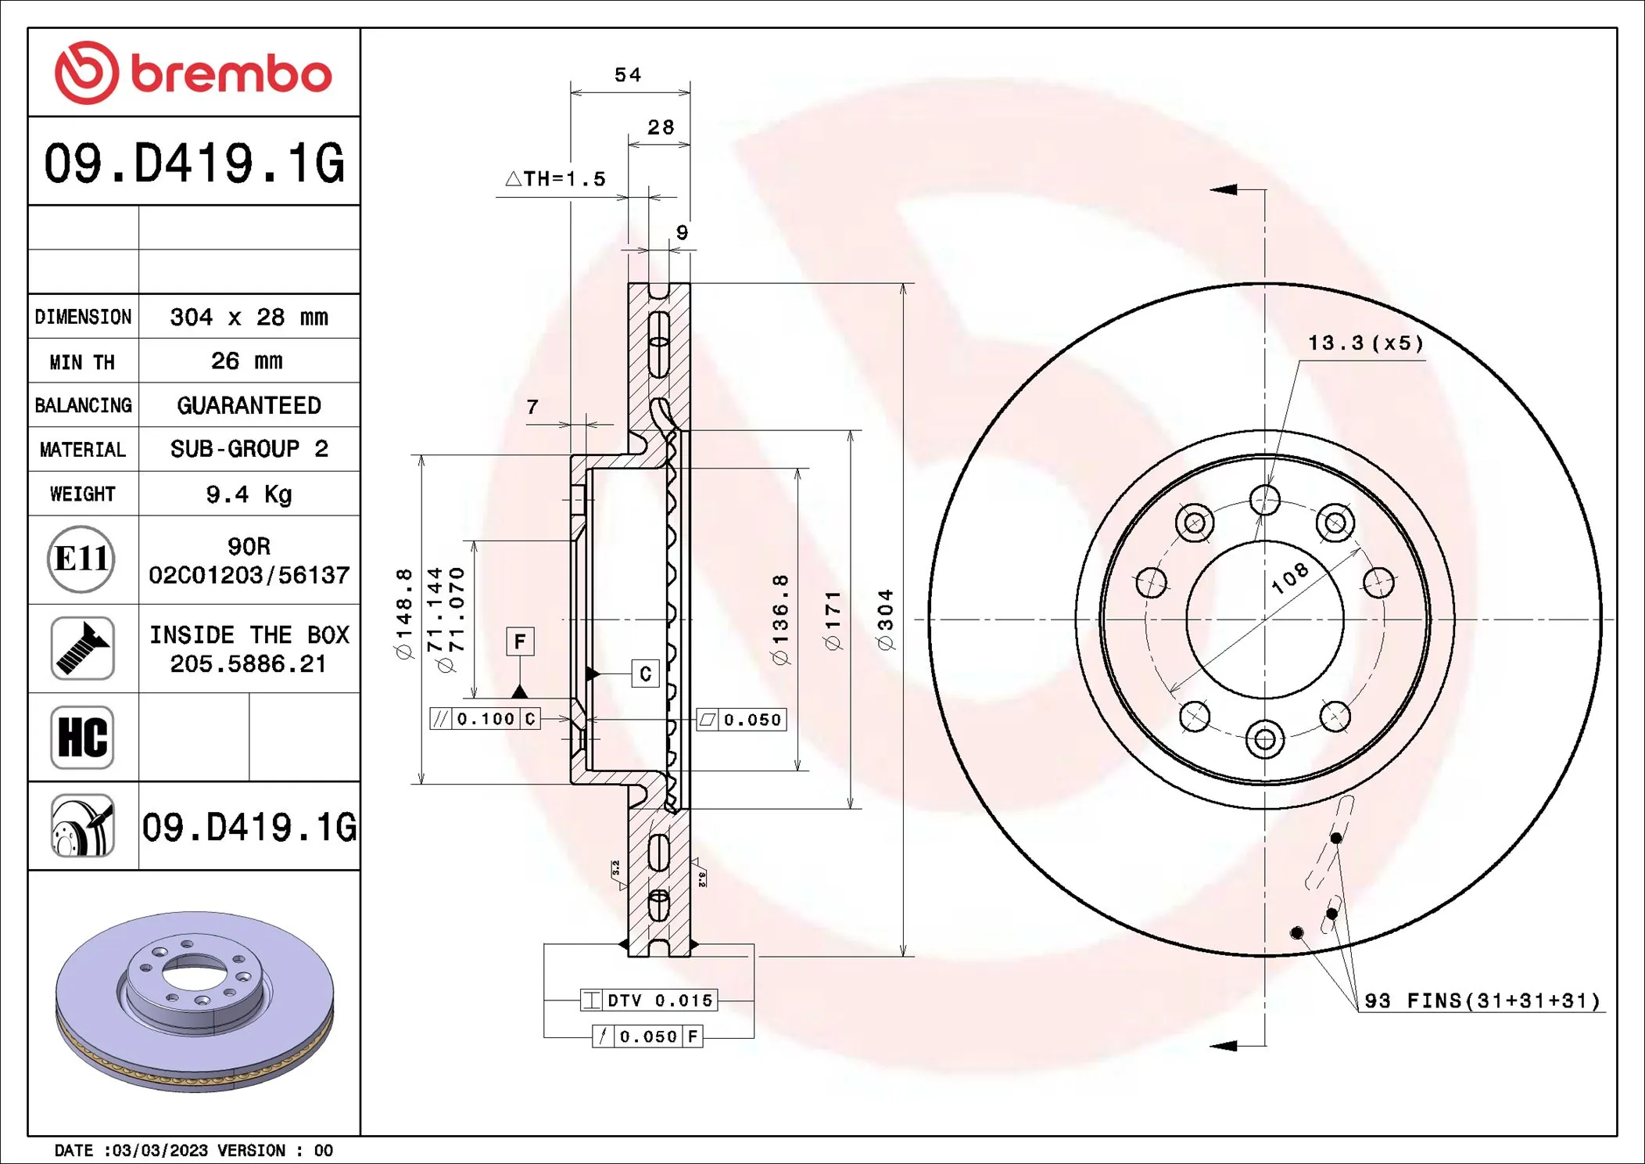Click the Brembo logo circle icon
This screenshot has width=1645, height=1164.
pos(86,73)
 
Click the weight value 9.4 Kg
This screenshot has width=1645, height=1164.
pos(249,494)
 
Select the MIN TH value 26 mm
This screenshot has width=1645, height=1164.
pos(247,361)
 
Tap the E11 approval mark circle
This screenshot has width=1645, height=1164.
pos(81,559)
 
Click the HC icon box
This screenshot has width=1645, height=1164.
pos(82,737)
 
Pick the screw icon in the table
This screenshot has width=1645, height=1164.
pos(82,648)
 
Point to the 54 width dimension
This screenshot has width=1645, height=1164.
pos(628,75)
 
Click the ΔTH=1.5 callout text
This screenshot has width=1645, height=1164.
pos(556,179)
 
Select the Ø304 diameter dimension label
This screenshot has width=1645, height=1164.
pos(885,619)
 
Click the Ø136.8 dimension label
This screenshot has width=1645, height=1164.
pos(780,619)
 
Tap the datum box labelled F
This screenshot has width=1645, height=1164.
pos(520,642)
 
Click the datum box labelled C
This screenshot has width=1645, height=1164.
pos(645,674)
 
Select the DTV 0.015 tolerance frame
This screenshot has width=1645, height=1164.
pos(649,1000)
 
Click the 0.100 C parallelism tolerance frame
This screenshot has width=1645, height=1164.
pos(485,719)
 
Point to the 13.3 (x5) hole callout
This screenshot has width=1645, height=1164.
pos(1365,343)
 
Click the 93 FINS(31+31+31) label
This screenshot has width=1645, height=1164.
pos(1482,1001)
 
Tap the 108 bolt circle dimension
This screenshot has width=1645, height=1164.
pos(1289,578)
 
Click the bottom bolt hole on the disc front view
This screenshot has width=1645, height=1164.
pos(1264,739)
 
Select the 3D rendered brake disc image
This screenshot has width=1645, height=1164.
pos(195,1001)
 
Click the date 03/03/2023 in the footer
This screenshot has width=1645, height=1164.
pos(160,1151)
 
